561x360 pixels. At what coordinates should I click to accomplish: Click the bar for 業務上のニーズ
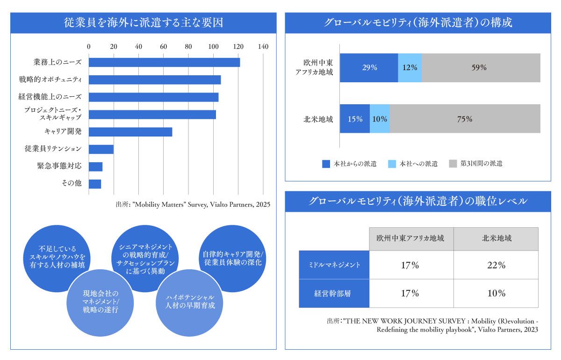164,62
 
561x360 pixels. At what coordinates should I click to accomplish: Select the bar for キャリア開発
130,132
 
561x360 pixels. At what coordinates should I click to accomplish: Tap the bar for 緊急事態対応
95,166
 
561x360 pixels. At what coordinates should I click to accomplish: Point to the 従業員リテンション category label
53,149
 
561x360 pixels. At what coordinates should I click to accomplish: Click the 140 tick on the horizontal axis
263,47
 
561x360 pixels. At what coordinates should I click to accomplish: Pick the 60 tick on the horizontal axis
164,47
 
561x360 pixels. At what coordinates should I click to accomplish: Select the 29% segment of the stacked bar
369,68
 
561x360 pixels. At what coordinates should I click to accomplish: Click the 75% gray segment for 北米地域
465,119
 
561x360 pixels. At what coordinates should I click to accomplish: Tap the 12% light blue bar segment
410,68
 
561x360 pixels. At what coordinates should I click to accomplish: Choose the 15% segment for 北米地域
355,119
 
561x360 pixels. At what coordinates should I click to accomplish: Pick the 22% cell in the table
496,266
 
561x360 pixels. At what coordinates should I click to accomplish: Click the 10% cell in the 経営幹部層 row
496,294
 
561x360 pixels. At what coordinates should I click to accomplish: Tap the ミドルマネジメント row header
334,266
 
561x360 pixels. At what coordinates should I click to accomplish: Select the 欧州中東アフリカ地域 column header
411,238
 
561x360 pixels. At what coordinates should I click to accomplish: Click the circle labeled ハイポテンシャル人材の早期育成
190,302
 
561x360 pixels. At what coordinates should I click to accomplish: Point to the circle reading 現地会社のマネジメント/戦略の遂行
100,302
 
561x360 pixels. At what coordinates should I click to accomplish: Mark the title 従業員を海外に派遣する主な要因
143,23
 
